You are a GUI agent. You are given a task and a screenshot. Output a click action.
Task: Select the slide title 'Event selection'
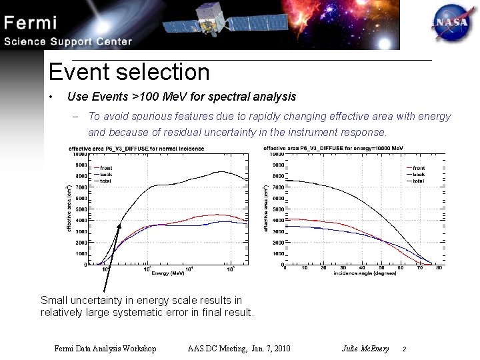coord(129,72)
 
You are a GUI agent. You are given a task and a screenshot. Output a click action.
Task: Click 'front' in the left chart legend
coord(103,167)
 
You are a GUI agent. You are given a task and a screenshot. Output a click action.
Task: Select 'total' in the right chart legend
coord(419,181)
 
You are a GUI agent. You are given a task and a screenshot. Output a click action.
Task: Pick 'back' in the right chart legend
coord(419,174)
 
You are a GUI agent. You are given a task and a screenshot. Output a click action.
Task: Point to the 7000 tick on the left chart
coord(80,187)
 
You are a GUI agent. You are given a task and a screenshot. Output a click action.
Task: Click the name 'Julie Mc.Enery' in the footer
coord(365,348)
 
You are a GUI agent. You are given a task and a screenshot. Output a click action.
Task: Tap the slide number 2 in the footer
coord(404,349)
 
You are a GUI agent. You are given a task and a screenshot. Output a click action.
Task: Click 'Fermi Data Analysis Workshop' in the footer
coord(105,348)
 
